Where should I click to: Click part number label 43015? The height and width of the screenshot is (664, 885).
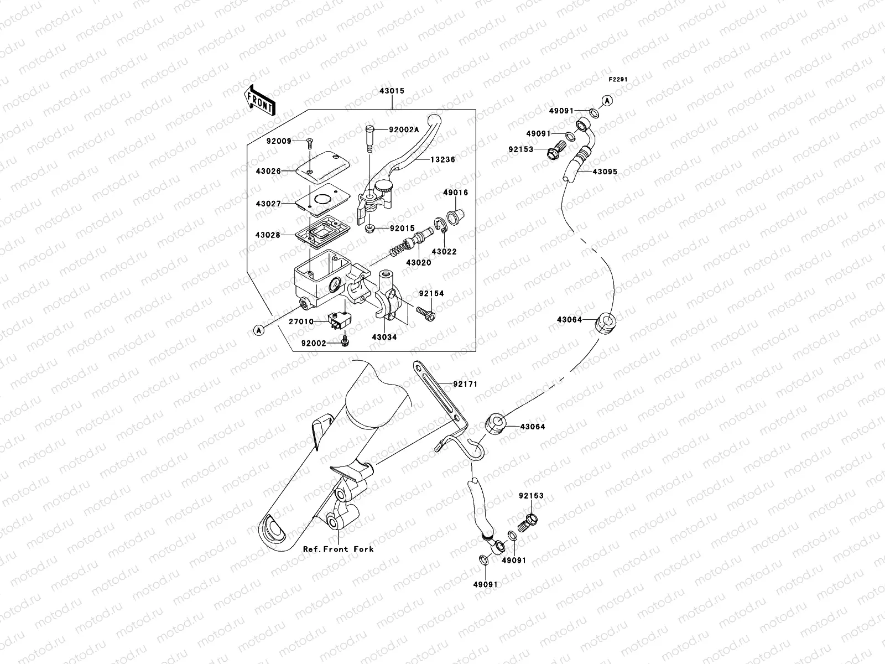tap(391, 91)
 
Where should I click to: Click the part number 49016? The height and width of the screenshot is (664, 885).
tap(455, 193)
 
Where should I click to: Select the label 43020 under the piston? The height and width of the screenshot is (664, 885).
tap(419, 262)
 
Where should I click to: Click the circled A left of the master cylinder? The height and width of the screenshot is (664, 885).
tap(258, 330)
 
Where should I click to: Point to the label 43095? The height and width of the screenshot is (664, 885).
tap(605, 172)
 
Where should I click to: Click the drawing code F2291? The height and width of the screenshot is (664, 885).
tap(618, 80)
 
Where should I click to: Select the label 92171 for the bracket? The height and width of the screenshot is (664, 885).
tap(465, 384)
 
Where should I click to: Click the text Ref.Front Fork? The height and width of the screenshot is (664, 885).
tap(338, 549)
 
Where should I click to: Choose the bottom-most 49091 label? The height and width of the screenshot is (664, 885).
tap(485, 584)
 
